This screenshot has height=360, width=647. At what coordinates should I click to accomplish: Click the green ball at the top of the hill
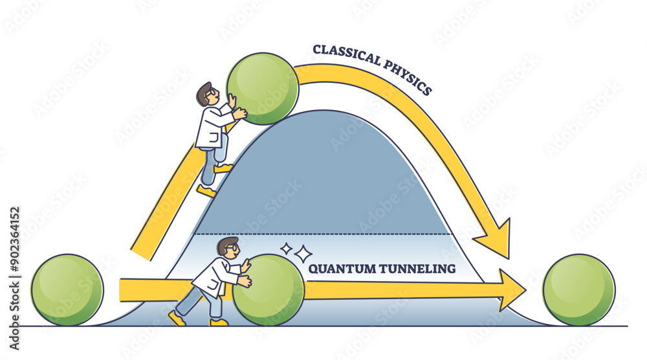coord(262,88)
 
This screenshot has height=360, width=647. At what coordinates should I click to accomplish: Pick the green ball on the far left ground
coord(67,289)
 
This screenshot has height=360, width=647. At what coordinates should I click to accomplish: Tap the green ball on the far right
coord(578,289)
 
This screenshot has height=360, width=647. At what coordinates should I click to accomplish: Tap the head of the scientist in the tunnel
coord(227,247)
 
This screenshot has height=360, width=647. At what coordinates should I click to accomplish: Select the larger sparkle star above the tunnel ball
coord(303,254)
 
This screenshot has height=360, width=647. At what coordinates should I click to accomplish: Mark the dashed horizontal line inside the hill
coord(323,234)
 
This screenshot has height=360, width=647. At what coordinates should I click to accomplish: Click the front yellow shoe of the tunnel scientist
coord(219,321)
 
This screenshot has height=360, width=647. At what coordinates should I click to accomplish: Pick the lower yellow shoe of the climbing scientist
coord(206,191)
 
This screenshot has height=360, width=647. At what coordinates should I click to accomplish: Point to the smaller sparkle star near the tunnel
coord(285,247)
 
